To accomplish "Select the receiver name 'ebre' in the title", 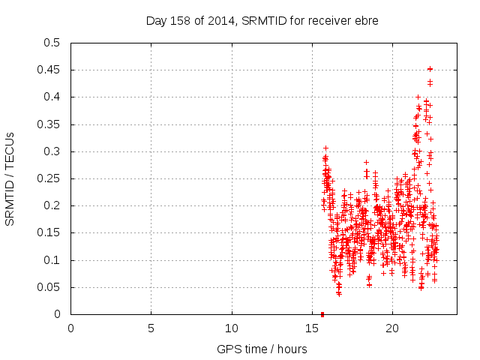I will point(366,21).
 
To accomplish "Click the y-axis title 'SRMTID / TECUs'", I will point(10,178).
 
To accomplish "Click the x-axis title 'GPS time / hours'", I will point(262,349).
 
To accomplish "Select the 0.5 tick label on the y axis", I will point(52,43).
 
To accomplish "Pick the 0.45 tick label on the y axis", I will point(49,70).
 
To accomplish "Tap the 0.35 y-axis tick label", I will point(49,124).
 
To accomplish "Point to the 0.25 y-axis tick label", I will point(49,178).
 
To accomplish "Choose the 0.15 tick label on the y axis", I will point(49,233).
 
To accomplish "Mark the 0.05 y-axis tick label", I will point(49,287).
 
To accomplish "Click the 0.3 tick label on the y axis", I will point(52,151).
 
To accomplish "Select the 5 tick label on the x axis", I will point(151,328).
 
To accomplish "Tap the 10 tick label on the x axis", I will point(232,328).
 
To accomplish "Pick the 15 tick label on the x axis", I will point(312,328).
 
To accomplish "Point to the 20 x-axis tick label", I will point(392,328).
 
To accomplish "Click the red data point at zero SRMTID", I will point(322,313).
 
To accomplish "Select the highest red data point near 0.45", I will point(430,69).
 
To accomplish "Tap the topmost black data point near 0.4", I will point(418,97).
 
